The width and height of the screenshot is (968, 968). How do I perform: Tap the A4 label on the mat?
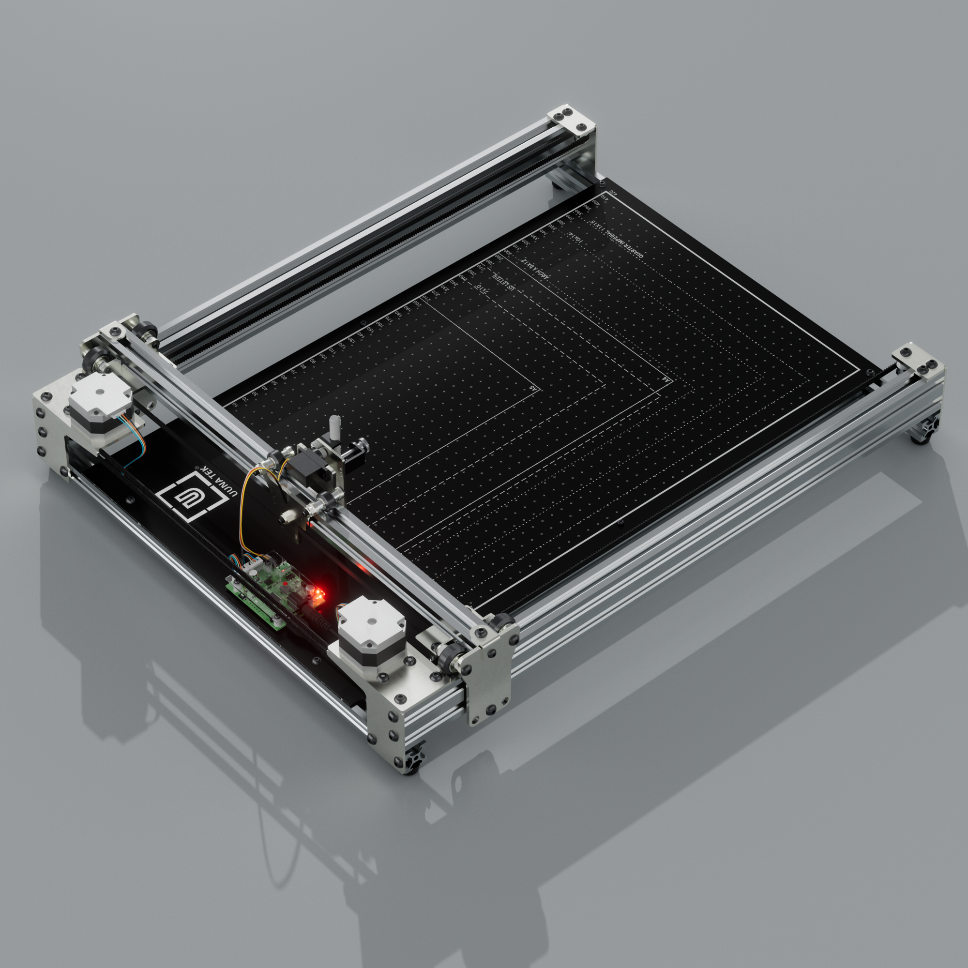pyautogui.click(x=665, y=379)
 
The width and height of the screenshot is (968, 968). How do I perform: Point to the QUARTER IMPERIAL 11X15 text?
pyautogui.click(x=616, y=239)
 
